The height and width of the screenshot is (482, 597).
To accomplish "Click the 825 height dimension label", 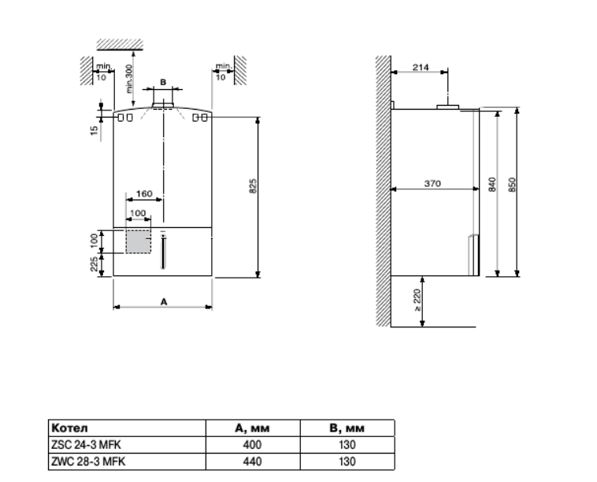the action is click(x=253, y=185).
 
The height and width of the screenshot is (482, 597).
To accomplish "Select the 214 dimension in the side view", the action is click(x=421, y=67).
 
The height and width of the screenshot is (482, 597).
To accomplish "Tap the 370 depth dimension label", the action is click(x=432, y=184).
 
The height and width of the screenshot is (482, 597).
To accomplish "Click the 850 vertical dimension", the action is click(x=512, y=185).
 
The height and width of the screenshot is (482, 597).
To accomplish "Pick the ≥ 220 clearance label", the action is click(x=417, y=300).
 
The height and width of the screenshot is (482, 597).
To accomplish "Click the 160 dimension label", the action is click(x=144, y=194).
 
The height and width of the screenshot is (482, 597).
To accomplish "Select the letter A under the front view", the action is click(x=164, y=302).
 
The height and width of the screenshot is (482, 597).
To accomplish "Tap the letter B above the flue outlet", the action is click(x=163, y=82).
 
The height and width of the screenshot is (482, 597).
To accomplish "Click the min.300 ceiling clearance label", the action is click(x=128, y=79).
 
